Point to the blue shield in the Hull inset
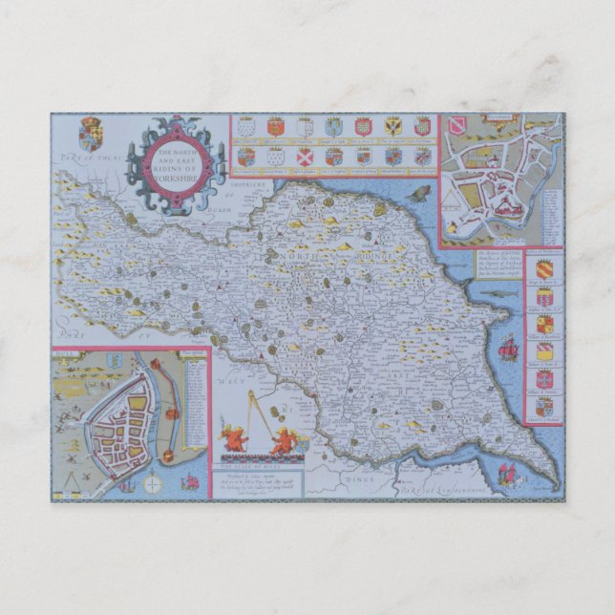pyautogui.click(x=114, y=359)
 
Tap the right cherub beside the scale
pyautogui.click(x=283, y=441)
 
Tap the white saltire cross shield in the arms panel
pyautogui.click(x=305, y=155)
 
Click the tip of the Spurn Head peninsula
pyautogui.click(x=554, y=481)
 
